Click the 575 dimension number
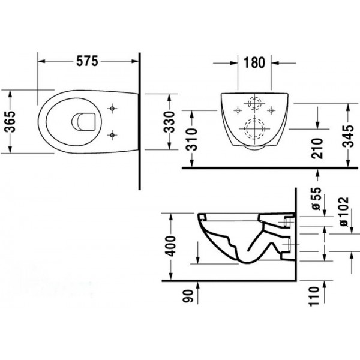point(87,61)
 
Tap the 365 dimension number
point(10,122)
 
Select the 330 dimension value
point(169,122)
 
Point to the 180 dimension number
point(254,62)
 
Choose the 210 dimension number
point(317,148)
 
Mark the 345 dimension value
point(348,136)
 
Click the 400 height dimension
point(171,246)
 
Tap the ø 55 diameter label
point(317,199)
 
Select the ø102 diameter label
point(344,212)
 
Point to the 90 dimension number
point(188,296)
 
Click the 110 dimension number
point(314,296)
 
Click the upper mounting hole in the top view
point(112,109)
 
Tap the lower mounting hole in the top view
point(112,135)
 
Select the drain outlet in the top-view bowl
point(83,122)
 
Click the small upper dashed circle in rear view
point(254,103)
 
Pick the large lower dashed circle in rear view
point(254,128)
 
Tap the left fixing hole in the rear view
point(238,110)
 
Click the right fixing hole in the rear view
point(271,110)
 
